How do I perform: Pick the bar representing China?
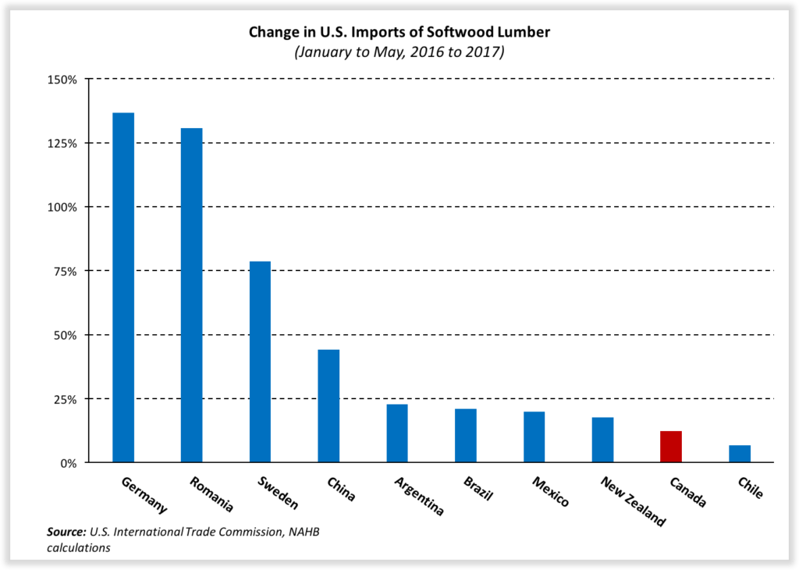328,406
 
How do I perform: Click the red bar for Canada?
671,447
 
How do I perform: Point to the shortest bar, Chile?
740,454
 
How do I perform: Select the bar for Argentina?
397,433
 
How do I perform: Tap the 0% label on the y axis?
68,463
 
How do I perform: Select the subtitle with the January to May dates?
399,52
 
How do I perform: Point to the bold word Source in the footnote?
66,533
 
